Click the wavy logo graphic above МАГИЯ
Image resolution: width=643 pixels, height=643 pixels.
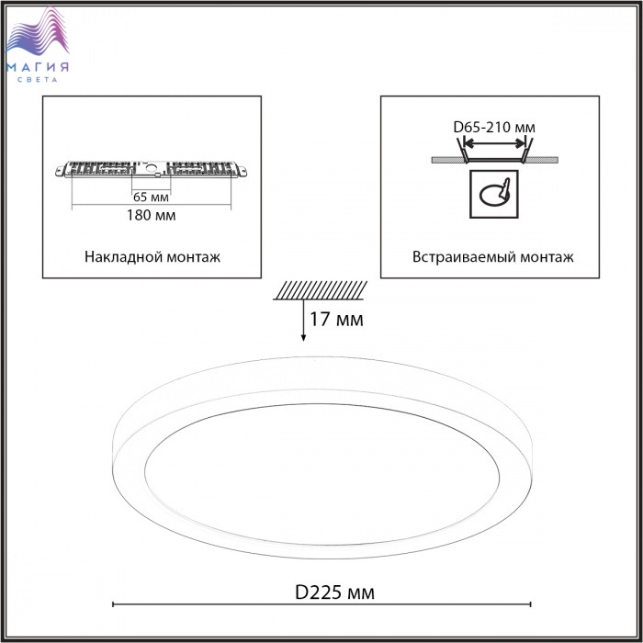(x=38, y=32)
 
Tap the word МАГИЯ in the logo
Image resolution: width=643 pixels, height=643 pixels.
(x=38, y=67)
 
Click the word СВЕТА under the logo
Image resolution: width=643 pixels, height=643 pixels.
(x=38, y=80)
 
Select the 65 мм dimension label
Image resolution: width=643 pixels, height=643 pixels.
(x=151, y=197)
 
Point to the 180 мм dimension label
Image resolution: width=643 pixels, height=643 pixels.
(x=151, y=215)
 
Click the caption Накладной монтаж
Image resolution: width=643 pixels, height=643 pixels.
(x=152, y=257)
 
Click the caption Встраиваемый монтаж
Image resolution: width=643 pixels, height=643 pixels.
(x=493, y=257)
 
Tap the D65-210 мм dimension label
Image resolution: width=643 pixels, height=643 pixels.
(x=494, y=127)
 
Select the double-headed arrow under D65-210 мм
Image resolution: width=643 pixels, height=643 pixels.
(x=494, y=143)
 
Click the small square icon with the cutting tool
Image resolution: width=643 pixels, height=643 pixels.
(x=494, y=194)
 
